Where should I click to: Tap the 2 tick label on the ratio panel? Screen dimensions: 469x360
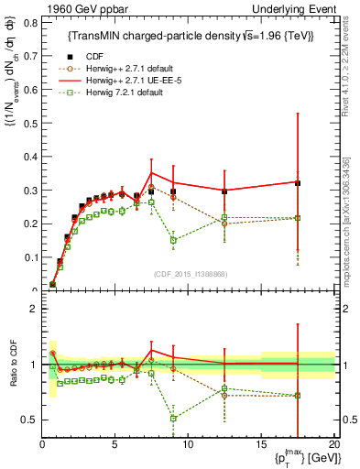[x=30, y=309]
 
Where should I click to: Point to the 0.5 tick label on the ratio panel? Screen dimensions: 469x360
[x=27, y=420]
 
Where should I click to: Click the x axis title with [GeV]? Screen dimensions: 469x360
[x=295, y=459]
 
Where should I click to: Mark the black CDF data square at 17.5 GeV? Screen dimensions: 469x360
[x=298, y=183]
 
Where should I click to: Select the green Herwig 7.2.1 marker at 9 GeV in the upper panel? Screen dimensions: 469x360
[x=174, y=240]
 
